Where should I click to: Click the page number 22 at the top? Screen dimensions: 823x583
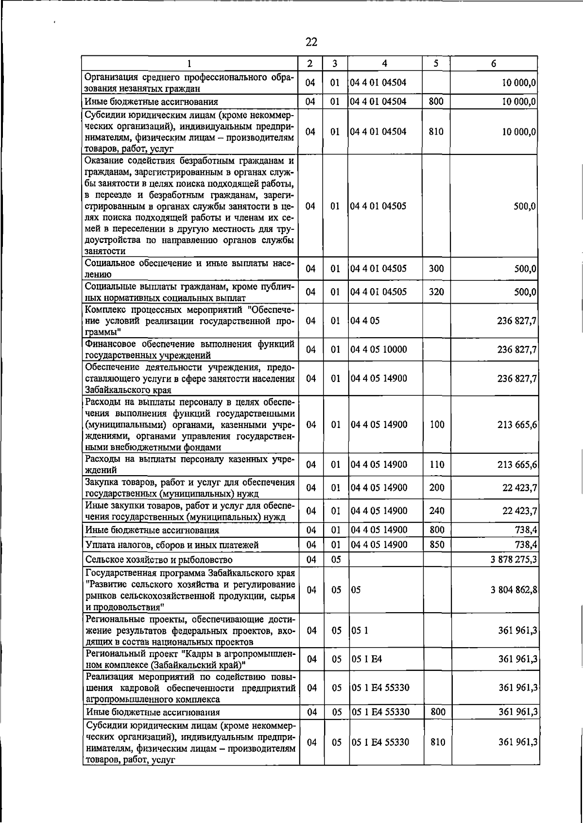[311, 42]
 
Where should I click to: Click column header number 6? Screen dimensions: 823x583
[493, 63]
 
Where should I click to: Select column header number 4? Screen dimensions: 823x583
[385, 63]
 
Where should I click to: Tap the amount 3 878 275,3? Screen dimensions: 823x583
[514, 559]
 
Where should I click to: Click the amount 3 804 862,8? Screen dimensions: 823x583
[514, 590]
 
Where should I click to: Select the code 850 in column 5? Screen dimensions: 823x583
[437, 545]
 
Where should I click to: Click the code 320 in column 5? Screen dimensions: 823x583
[436, 292]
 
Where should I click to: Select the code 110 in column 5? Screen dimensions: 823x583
[437, 464]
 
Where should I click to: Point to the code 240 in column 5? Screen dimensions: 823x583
[437, 511]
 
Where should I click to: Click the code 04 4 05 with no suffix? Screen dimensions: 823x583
[362, 321]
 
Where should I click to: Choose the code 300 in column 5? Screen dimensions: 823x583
[436, 269]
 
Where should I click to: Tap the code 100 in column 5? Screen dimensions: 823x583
[437, 424]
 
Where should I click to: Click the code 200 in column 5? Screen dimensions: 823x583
[437, 487]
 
